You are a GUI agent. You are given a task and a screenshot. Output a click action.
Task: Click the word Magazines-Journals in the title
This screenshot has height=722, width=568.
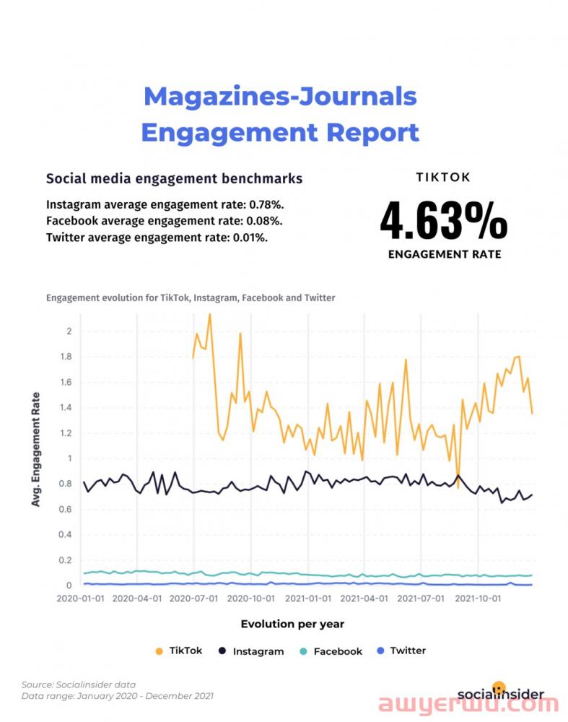click(x=280, y=97)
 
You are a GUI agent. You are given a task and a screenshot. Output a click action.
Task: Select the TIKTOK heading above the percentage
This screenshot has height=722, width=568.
click(x=443, y=177)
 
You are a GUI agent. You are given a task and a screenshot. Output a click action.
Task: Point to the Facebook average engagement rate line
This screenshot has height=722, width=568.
click(x=164, y=221)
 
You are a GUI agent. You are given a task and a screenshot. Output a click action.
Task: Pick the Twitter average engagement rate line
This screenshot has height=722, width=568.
click(x=157, y=237)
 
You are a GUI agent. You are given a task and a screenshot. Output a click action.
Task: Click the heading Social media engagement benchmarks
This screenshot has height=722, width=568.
click(x=174, y=178)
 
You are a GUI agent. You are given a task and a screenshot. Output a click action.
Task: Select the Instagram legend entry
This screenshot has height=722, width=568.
click(x=250, y=651)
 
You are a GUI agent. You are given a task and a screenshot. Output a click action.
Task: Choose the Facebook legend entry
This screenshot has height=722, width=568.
click(x=331, y=651)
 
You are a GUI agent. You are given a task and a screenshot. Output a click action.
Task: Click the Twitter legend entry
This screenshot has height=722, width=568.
click(x=401, y=651)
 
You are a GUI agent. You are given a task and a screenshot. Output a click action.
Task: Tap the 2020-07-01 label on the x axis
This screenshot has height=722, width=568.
click(x=192, y=599)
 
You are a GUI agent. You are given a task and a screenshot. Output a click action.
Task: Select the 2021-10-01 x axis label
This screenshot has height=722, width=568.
click(x=479, y=599)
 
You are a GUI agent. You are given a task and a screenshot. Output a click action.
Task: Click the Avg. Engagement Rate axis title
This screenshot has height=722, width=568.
click(x=35, y=450)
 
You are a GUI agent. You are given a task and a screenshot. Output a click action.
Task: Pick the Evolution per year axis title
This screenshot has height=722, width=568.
click(x=292, y=624)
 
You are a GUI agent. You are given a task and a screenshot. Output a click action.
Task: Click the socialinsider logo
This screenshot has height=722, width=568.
click(x=500, y=694)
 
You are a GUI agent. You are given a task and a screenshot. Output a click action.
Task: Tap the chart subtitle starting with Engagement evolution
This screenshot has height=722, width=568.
click(x=191, y=297)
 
